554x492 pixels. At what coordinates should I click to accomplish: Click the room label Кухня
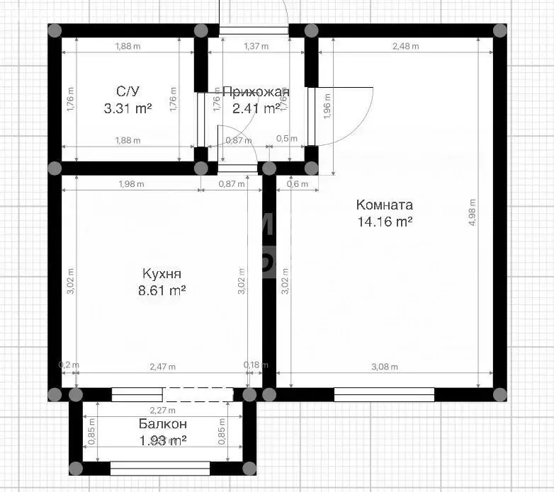coord(162,274)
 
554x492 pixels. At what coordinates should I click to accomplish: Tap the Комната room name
coord(384,205)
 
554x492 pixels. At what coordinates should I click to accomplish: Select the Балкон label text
coord(162,424)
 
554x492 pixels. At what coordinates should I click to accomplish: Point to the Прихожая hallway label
coord(256,92)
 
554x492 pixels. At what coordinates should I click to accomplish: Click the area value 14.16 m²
coord(384,222)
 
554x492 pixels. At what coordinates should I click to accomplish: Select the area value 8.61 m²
coord(163,290)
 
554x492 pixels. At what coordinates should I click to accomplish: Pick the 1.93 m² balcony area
coord(162,440)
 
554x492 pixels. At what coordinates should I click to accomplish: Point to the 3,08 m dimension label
coord(385,367)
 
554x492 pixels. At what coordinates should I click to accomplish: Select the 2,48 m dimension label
coord(405,47)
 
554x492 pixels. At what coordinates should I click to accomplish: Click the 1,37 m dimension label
coord(256,47)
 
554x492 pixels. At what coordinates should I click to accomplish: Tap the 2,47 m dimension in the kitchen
coord(162,367)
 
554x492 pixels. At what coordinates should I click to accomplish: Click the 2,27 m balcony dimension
coord(162,410)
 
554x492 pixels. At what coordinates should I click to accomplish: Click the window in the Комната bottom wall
coord(384,394)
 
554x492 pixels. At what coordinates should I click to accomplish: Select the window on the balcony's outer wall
coord(160,468)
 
